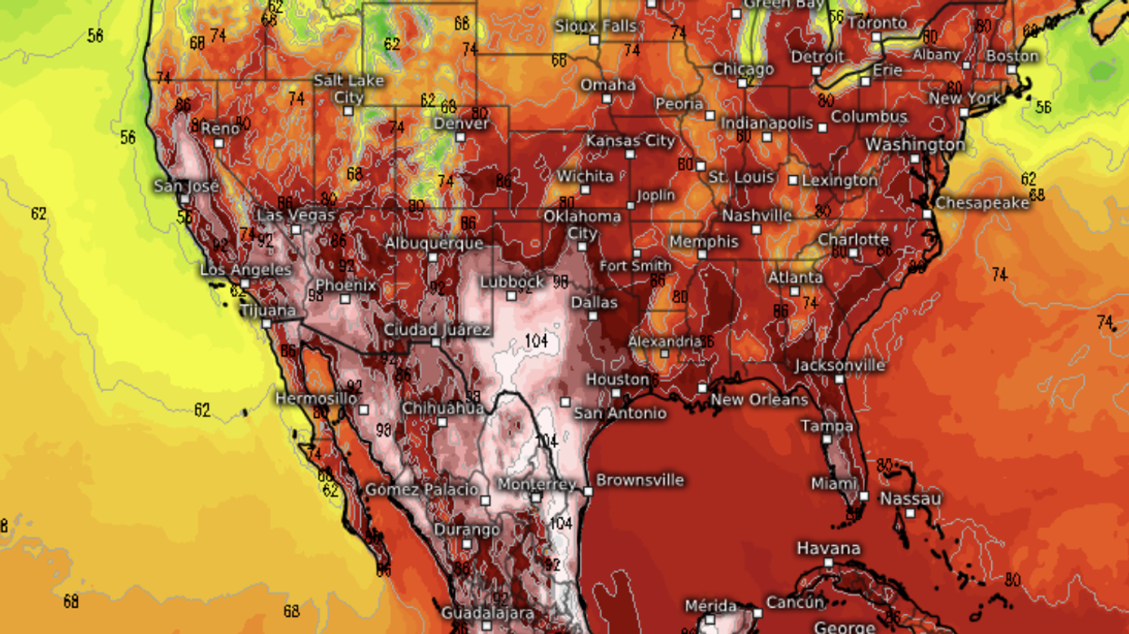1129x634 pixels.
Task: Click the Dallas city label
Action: click(594, 302)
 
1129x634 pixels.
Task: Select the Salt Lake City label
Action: click(349, 89)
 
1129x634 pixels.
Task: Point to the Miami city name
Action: click(833, 483)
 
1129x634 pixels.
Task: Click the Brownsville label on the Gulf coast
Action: click(639, 480)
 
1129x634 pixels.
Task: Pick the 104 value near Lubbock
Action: click(536, 340)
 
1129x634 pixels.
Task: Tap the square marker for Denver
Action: click(461, 138)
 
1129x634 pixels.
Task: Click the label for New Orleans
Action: click(759, 399)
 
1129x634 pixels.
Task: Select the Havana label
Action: click(828, 548)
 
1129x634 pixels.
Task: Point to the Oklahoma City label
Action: click(582, 224)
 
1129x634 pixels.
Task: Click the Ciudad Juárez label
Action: click(437, 329)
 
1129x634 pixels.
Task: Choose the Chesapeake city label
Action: click(982, 202)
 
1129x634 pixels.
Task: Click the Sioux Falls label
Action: click(594, 24)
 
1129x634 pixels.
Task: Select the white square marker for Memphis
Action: click(701, 255)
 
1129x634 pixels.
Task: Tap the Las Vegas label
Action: click(296, 215)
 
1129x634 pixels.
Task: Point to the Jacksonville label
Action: click(840, 365)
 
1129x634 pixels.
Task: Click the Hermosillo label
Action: click(316, 397)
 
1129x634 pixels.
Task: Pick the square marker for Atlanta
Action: click(794, 291)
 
